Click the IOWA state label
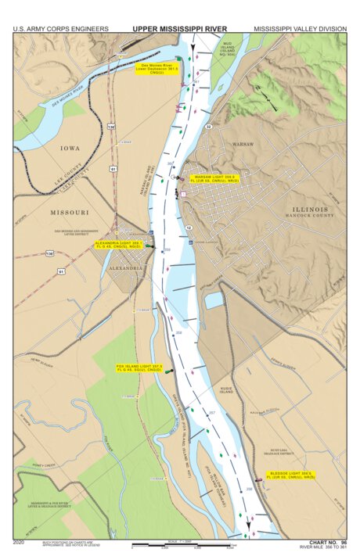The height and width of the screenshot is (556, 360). (70, 148)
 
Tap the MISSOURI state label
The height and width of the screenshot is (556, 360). (70, 212)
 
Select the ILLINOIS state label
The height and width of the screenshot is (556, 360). (311, 209)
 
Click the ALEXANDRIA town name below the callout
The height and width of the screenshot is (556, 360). (127, 267)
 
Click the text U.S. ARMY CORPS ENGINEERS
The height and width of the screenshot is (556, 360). (61, 29)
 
